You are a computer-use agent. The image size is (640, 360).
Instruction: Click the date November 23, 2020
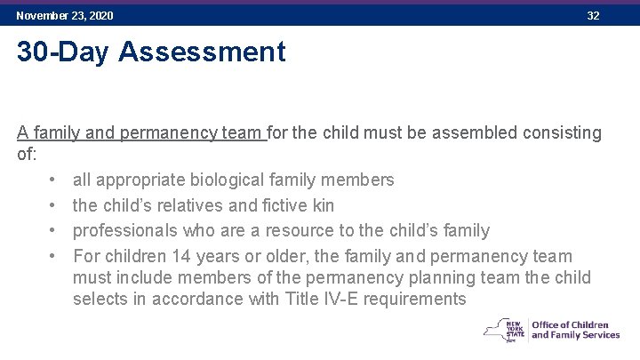[65, 16]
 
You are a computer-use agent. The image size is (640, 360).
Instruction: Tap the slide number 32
[593, 16]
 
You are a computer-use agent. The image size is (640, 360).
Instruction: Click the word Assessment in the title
[202, 52]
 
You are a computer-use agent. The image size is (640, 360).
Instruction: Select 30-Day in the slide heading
[63, 52]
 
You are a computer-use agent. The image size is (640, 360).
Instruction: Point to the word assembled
[471, 133]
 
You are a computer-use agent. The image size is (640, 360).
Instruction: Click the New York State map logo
[504, 330]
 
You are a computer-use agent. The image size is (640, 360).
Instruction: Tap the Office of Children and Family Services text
[575, 330]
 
